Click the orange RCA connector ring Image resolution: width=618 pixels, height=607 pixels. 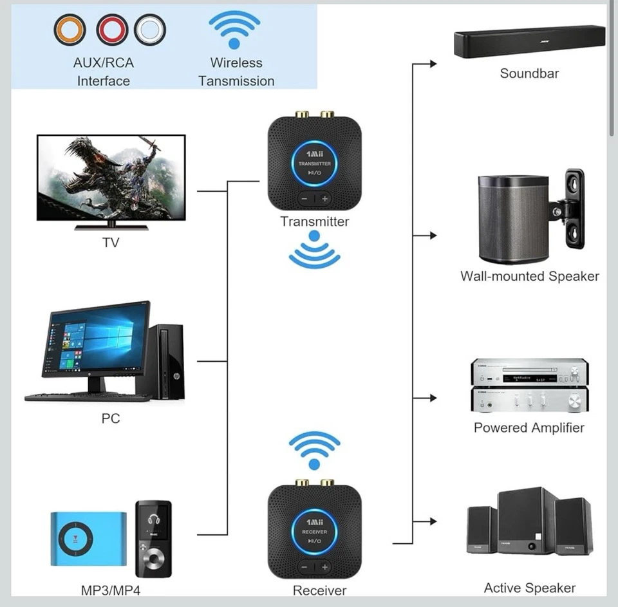70,30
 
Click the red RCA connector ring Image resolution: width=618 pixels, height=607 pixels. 112,30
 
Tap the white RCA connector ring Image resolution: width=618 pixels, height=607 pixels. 150,30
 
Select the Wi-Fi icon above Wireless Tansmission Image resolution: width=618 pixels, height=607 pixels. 234,30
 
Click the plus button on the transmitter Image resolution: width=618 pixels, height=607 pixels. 325,199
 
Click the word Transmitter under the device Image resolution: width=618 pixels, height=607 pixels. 314,221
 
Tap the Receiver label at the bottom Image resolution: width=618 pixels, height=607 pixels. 319,590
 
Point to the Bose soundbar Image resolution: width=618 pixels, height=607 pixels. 529,43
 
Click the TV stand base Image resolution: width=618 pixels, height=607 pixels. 111,227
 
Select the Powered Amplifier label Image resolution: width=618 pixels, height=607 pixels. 529,427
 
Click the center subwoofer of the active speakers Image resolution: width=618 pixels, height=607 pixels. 526,521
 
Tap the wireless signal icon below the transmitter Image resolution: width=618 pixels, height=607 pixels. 314,251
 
